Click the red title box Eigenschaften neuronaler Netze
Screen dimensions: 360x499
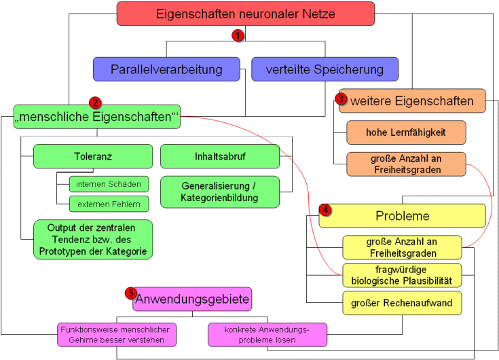point(245,14)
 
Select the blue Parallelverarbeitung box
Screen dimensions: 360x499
point(167,69)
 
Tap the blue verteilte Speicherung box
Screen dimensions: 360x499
point(325,69)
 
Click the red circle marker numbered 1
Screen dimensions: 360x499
point(237,35)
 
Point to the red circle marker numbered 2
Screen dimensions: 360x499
point(96,103)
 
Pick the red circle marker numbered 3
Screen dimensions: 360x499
point(341,98)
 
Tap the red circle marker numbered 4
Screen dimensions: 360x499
point(325,210)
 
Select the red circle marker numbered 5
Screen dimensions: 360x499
point(131,293)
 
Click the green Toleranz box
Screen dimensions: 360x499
point(93,156)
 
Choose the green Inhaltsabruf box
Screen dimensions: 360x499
point(220,156)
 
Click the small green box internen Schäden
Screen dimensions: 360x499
point(108,184)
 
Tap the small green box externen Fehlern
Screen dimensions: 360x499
point(108,204)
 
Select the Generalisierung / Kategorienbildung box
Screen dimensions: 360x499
point(220,192)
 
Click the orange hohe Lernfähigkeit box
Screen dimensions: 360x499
point(406,132)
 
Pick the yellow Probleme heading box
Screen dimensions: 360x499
point(403,216)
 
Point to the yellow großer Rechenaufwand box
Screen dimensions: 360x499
point(402,303)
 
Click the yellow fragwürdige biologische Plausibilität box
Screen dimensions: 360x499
point(402,275)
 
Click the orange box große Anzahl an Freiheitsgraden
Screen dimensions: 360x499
point(406,164)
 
